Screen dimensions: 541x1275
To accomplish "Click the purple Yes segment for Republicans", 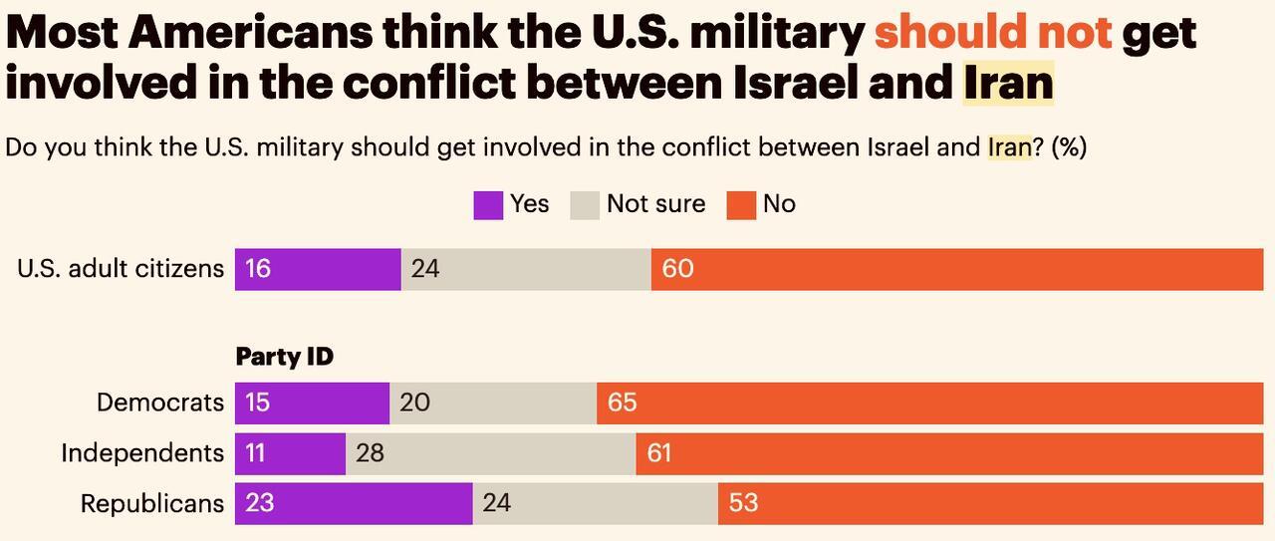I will [354, 503].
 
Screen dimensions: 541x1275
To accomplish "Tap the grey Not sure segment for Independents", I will [491, 453].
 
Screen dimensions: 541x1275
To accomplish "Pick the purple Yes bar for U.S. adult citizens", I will [318, 269].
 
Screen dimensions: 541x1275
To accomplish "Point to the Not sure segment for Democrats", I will [493, 403].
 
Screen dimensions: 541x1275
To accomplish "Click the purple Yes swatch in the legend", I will [488, 205].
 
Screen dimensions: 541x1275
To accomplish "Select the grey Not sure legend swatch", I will [585, 205].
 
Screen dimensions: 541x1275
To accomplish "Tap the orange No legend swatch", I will [741, 205].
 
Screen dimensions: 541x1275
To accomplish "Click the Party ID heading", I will [284, 357].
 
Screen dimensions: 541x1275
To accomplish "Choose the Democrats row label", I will [160, 403].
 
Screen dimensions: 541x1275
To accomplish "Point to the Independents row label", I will [142, 453].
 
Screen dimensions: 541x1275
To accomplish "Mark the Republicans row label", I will [152, 503].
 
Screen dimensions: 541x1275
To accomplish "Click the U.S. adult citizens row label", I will [121, 269].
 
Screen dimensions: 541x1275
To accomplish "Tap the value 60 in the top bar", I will [677, 269].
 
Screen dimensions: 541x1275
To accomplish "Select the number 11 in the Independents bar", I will [255, 453].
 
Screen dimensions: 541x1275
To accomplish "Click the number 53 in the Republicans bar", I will [743, 503].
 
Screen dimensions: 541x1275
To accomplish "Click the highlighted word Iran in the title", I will [1008, 83].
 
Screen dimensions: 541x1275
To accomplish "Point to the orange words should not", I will [992, 32].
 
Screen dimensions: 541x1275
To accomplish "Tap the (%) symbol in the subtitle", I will [1069, 147].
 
